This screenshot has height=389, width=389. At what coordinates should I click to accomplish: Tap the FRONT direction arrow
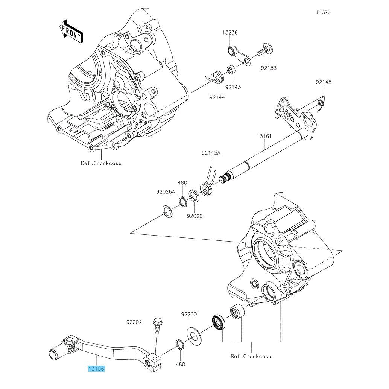pos(71,31)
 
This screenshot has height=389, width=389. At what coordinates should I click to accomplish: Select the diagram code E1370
pos(323,12)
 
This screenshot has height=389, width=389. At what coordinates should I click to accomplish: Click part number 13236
pos(229,33)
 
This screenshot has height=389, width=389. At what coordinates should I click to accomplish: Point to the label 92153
pos(269,68)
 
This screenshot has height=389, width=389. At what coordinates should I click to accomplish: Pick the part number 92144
pos(217,97)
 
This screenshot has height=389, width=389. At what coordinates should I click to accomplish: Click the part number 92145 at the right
pos(324,82)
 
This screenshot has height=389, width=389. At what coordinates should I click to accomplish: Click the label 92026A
pos(166,191)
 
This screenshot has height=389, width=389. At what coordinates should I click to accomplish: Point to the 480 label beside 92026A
pos(182,183)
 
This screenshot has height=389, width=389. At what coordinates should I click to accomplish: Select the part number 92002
pos(134,322)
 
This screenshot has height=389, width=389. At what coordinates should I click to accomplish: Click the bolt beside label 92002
pos(157,326)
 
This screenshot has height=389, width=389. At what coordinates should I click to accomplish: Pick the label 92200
pos(188,314)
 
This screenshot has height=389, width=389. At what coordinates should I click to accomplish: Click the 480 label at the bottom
pos(180,364)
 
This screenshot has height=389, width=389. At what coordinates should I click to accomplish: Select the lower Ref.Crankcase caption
pos(251,356)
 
